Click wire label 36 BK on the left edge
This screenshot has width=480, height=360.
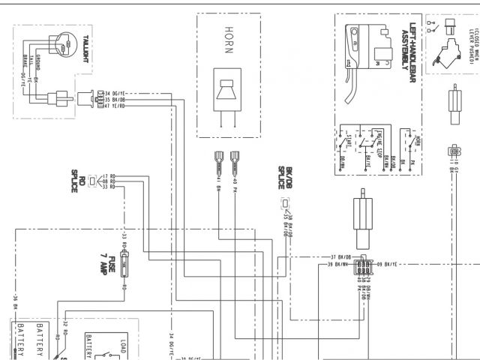(14, 300)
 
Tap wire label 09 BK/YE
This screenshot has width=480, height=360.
(389, 264)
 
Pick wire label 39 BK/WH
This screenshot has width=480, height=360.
(340, 264)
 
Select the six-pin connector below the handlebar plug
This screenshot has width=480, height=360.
(363, 268)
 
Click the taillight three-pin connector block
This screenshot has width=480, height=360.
(95, 99)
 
